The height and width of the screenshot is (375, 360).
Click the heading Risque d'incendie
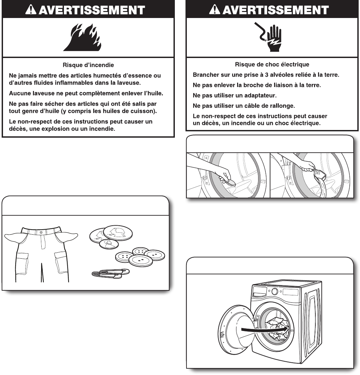coord(88,65)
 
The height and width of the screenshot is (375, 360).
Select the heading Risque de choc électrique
coord(272,64)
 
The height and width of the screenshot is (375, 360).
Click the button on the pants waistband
coord(41,232)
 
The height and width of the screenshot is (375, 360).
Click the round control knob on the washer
coord(274,291)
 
